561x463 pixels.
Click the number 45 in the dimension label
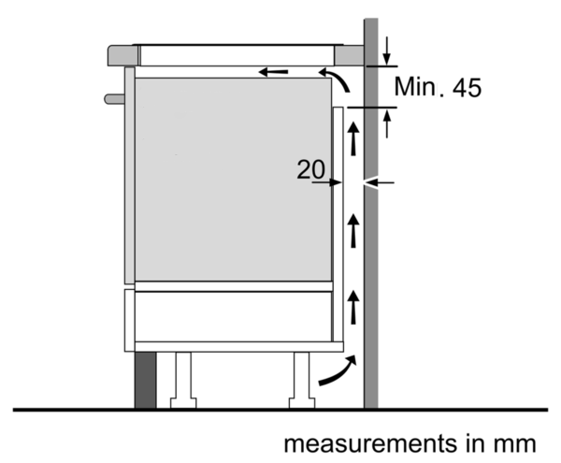tap(467, 88)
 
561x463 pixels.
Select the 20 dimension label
tap(311, 169)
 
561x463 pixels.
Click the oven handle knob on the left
tap(114, 99)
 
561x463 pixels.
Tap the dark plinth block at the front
tap(145, 380)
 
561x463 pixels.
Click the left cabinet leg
tap(183, 380)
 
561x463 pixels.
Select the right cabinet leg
tap(302, 380)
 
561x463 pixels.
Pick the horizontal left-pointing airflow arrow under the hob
tap(273, 72)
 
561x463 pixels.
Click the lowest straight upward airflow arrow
tap(353, 308)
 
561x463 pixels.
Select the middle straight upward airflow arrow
tap(353, 231)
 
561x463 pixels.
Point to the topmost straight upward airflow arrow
tap(353, 138)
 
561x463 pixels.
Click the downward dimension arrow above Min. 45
tap(386, 51)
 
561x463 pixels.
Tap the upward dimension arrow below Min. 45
tap(386, 123)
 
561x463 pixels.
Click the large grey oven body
tap(233, 180)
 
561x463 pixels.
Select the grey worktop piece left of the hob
tap(123, 55)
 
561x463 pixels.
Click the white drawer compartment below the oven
tap(233, 317)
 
